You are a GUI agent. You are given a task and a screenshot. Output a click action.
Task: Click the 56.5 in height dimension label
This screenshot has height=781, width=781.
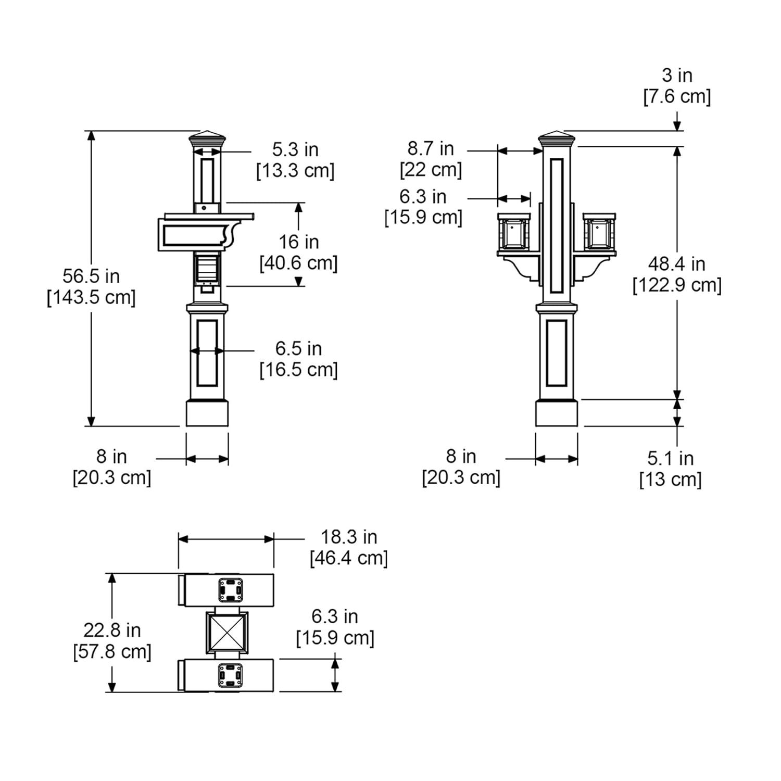91,276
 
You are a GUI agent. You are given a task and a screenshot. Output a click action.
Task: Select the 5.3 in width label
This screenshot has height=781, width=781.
295,149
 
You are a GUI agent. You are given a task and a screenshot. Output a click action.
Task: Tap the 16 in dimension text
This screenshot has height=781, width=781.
298,242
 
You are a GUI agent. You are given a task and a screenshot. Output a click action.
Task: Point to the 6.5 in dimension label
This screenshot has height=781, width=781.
298,348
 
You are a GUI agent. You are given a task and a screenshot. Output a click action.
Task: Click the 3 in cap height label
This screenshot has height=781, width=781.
677,75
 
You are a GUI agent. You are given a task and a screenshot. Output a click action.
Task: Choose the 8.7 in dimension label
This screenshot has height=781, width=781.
431,148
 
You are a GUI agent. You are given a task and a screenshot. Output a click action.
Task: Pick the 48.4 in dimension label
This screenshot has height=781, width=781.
676,264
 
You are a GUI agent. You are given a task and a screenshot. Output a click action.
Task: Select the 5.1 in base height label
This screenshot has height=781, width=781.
670,458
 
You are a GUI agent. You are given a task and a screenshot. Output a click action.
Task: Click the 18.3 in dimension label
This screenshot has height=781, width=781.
348,537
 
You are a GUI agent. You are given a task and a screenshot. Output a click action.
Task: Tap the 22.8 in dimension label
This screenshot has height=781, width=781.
112,630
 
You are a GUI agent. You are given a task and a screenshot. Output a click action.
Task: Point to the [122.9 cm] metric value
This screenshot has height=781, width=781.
677,285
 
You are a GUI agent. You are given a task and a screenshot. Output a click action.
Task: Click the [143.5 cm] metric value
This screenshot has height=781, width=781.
91,298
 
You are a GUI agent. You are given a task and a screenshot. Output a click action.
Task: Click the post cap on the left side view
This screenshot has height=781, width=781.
208,139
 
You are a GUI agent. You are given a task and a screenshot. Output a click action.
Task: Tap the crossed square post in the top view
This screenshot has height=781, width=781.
226,632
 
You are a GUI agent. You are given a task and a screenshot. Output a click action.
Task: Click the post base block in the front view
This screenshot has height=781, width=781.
557,413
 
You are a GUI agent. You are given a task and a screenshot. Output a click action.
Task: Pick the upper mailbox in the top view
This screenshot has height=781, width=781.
226,590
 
